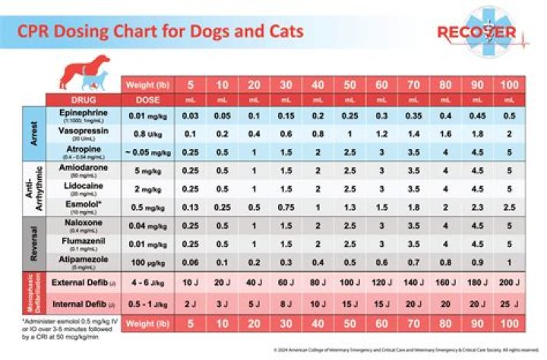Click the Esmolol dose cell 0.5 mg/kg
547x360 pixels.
click(147, 207)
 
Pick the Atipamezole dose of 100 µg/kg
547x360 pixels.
click(147, 262)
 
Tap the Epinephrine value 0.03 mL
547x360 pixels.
click(191, 115)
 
